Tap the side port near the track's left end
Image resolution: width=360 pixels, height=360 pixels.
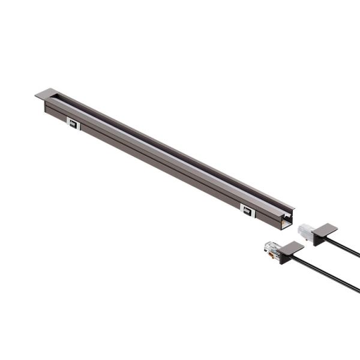click(x=73, y=124)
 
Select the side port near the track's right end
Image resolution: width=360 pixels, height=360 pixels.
click(x=247, y=211)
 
